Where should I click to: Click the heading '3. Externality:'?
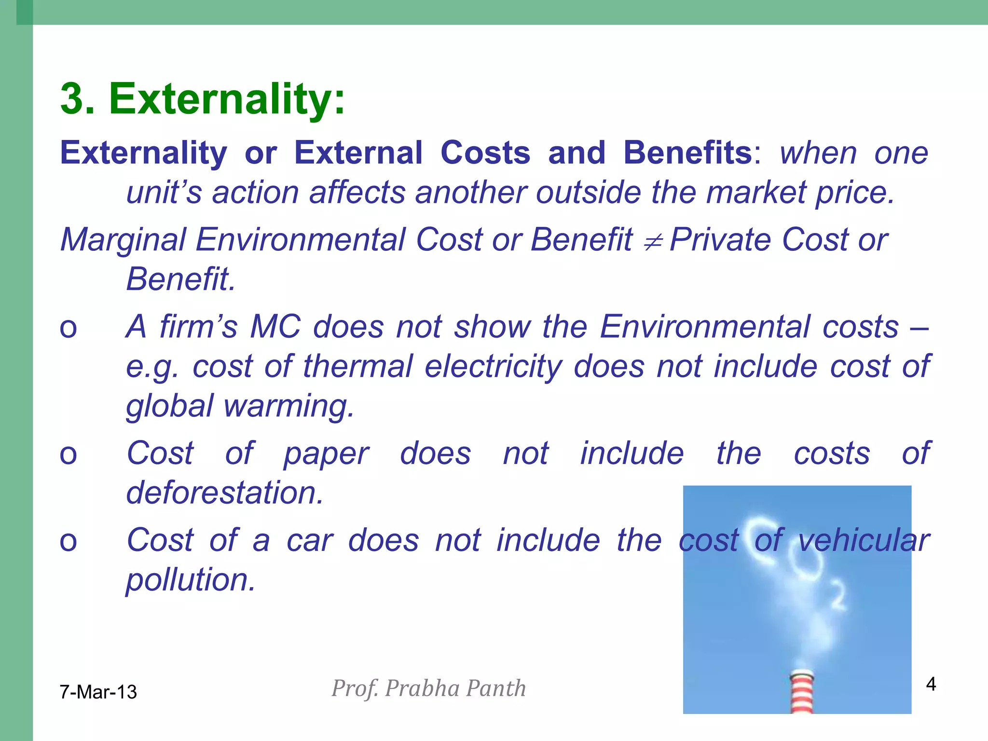tap(203, 99)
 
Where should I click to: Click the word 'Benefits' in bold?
tap(687, 153)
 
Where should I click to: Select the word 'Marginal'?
tap(123, 240)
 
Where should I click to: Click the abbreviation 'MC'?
tap(275, 327)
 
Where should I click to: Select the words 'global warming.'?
tap(240, 406)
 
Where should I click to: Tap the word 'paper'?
tap(326, 454)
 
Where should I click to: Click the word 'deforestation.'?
tap(224, 493)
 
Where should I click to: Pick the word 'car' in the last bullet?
tap(310, 540)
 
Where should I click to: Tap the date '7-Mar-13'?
tap(98, 692)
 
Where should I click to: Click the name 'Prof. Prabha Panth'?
tap(428, 688)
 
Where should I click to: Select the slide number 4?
tap(931, 684)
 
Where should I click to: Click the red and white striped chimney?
tap(801, 691)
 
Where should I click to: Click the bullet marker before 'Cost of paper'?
tap(68, 455)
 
